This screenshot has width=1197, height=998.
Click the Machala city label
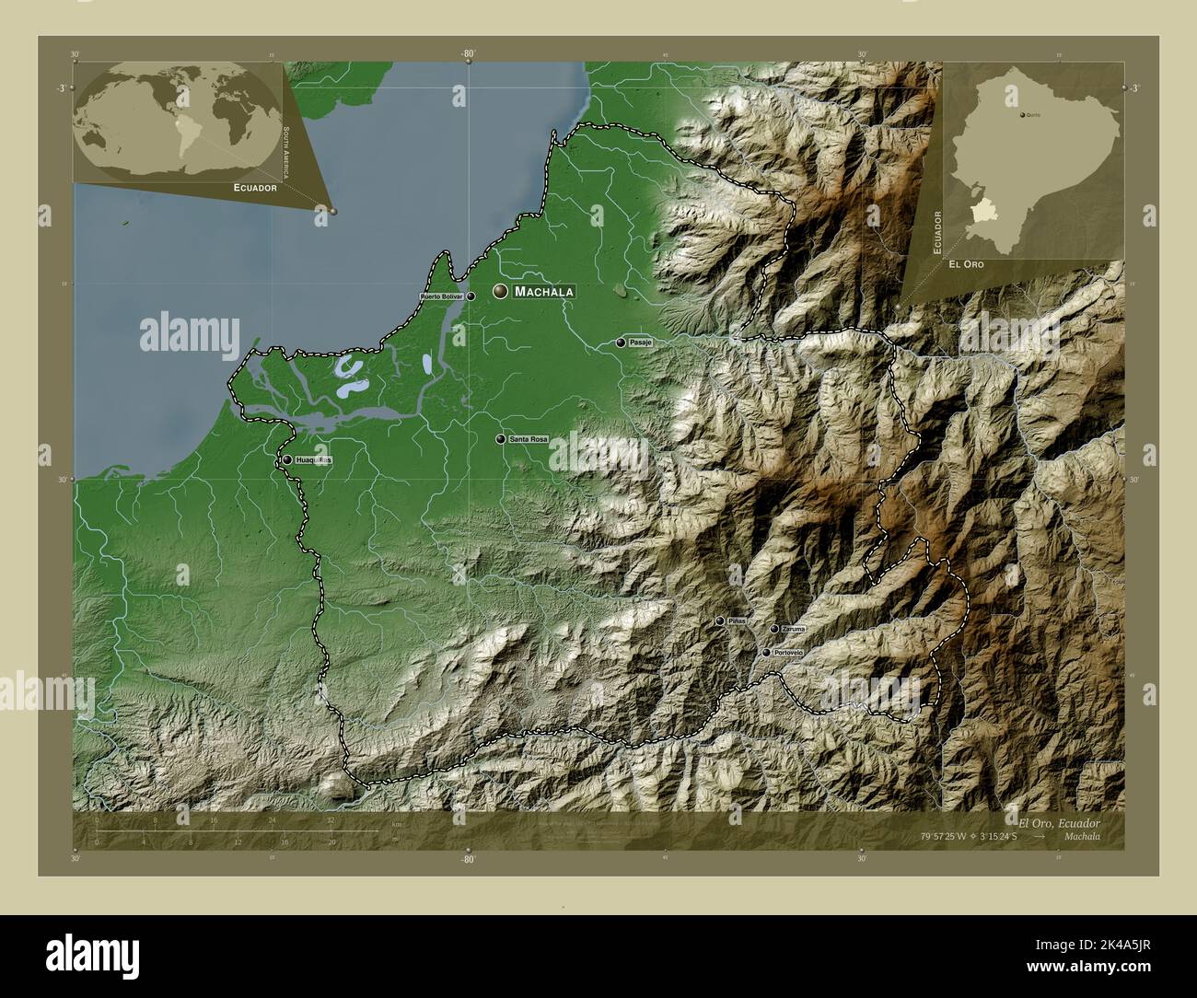coord(543,292)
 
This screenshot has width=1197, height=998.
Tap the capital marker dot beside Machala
coord(500,291)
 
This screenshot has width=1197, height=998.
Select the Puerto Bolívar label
coord(441,296)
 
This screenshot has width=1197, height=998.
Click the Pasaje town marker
coord(621,342)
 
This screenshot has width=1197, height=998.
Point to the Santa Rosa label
coord(529,440)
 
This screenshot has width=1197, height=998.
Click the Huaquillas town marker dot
coord(287,459)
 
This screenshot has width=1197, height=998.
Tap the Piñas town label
coord(737,621)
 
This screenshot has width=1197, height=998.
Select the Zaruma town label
coord(792,629)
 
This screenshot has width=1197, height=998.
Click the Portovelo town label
coord(788,653)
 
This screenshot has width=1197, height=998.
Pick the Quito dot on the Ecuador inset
coord(1021,115)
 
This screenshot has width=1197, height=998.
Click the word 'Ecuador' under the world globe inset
coord(255,187)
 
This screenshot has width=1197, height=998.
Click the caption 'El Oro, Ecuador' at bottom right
coord(1058,821)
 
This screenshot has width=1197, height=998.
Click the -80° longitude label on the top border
coord(468,54)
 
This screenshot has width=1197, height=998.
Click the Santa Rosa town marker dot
coord(501,440)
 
